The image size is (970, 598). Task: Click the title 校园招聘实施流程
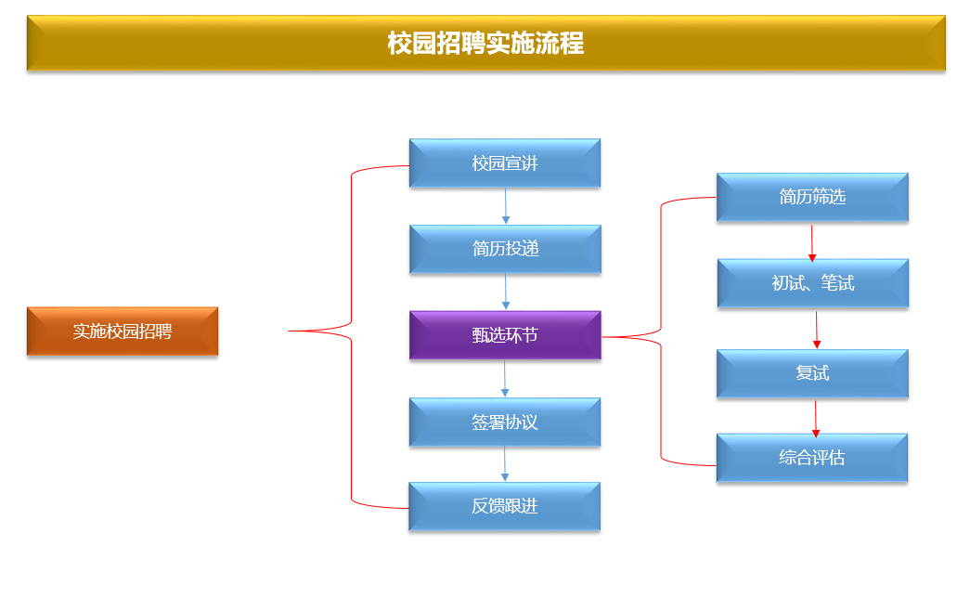[x=485, y=44]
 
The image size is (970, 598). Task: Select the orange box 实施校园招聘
[x=123, y=331]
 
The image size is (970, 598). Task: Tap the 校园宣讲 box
[x=505, y=163]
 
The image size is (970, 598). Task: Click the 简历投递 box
[x=505, y=249]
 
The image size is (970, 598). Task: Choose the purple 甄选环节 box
[x=505, y=335]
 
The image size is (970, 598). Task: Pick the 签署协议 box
[x=505, y=422]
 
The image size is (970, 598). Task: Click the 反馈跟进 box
[x=505, y=507]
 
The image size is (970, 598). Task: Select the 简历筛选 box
[x=812, y=197]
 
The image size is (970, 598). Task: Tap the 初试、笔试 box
[x=812, y=283]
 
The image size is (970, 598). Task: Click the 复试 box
[x=812, y=373]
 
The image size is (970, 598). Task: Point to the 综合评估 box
[x=812, y=458]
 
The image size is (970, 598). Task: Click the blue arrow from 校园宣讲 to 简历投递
[x=506, y=206]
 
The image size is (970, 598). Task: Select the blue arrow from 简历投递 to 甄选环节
[x=506, y=292]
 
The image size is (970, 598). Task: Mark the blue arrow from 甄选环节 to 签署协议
[x=506, y=379]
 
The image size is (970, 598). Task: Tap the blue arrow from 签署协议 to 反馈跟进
[x=506, y=464]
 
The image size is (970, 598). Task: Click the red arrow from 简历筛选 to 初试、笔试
[x=812, y=240]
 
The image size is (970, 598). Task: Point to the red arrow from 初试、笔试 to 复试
[x=817, y=329]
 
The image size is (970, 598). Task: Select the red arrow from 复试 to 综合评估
[x=816, y=417]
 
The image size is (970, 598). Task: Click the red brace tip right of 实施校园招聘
[x=291, y=331]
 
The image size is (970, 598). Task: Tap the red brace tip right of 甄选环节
[x=605, y=336]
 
